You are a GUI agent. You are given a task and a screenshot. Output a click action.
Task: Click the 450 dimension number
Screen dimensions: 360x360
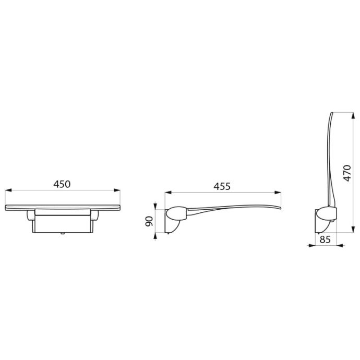62,184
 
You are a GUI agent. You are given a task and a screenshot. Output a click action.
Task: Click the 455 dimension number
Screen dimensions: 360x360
222,186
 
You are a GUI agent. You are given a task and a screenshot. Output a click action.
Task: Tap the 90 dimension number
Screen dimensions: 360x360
149,221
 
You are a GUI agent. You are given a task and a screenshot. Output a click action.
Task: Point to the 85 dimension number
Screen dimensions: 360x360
325,239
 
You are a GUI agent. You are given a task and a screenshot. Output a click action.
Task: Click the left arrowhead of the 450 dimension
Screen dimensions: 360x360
8,190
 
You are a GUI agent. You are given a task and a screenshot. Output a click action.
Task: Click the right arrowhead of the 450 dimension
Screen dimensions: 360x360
117,190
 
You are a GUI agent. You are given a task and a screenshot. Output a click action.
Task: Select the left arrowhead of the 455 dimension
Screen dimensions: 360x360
168,193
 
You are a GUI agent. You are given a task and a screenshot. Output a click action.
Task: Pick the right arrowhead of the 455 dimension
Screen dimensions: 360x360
278,193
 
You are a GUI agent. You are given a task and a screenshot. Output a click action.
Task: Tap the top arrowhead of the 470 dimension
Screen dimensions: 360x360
353,115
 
